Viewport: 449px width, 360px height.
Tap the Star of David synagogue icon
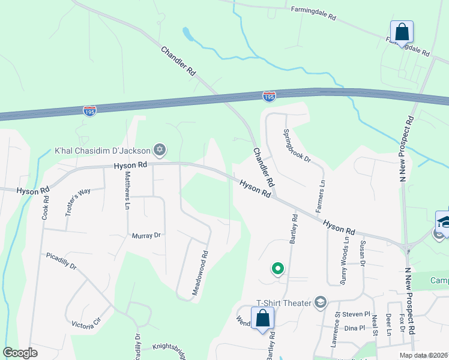(159, 149)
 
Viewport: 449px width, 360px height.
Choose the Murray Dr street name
(146, 236)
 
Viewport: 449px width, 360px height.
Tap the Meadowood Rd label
(200, 272)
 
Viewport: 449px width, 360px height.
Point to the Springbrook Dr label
(297, 146)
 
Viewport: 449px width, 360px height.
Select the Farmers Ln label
(321, 196)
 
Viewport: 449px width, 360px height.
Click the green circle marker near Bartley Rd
(277, 269)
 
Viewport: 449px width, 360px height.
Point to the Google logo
(20, 353)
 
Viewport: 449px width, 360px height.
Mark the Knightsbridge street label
(167, 347)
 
